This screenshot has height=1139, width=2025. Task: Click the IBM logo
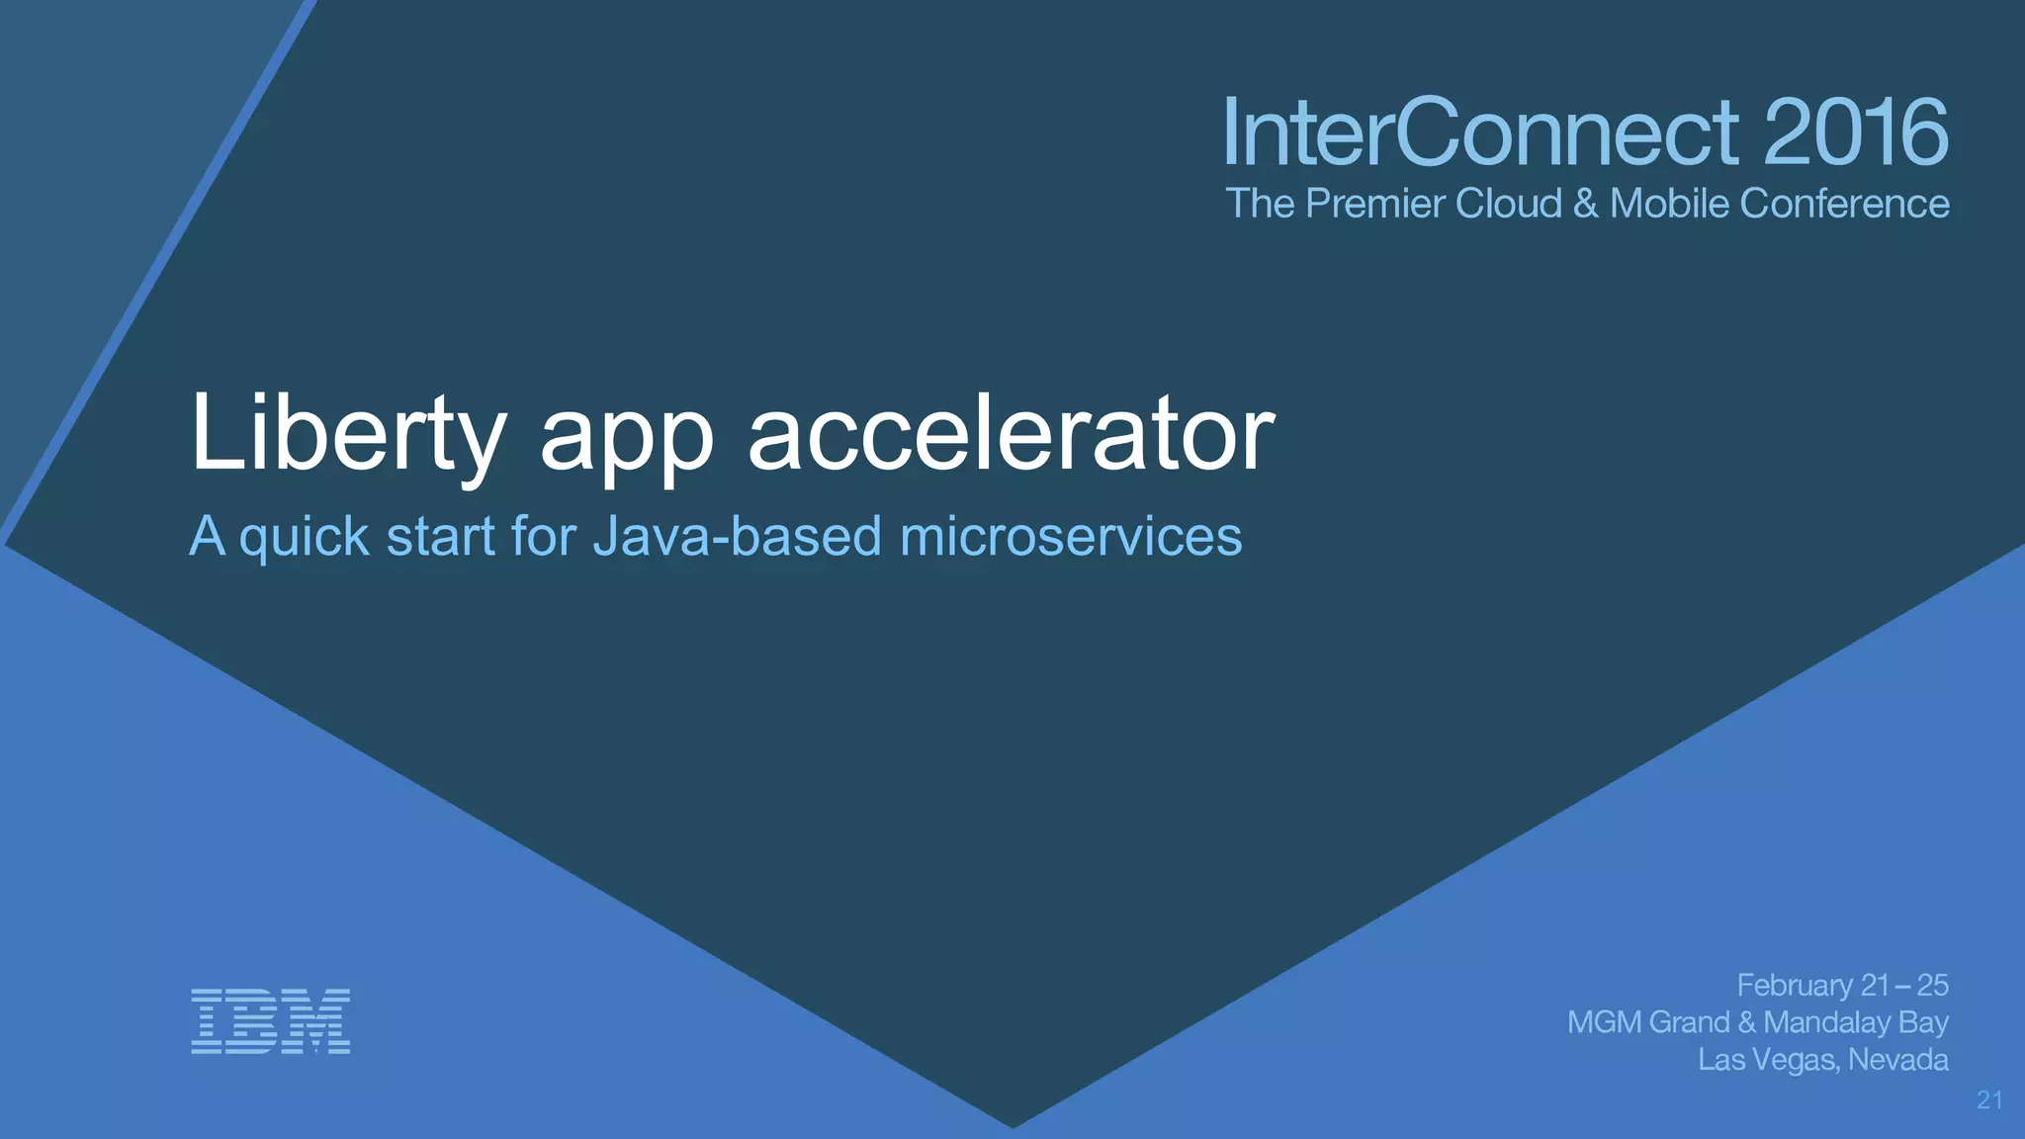(x=270, y=1020)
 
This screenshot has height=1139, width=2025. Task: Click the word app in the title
(x=626, y=440)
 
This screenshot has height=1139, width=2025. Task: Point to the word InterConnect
(x=1481, y=132)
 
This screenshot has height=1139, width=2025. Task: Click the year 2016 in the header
(x=1855, y=132)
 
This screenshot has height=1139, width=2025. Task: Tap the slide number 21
(x=1989, y=1100)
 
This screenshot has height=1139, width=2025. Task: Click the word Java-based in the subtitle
(x=737, y=537)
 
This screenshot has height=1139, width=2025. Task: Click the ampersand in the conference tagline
(x=1585, y=204)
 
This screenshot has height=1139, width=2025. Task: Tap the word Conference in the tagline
(x=1844, y=204)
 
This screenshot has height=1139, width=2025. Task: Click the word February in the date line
(x=1795, y=987)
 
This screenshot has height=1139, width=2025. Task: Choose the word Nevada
(x=1897, y=1060)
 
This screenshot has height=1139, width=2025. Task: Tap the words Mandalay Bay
(x=1855, y=1023)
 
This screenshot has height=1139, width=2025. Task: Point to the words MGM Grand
(x=1648, y=1022)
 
